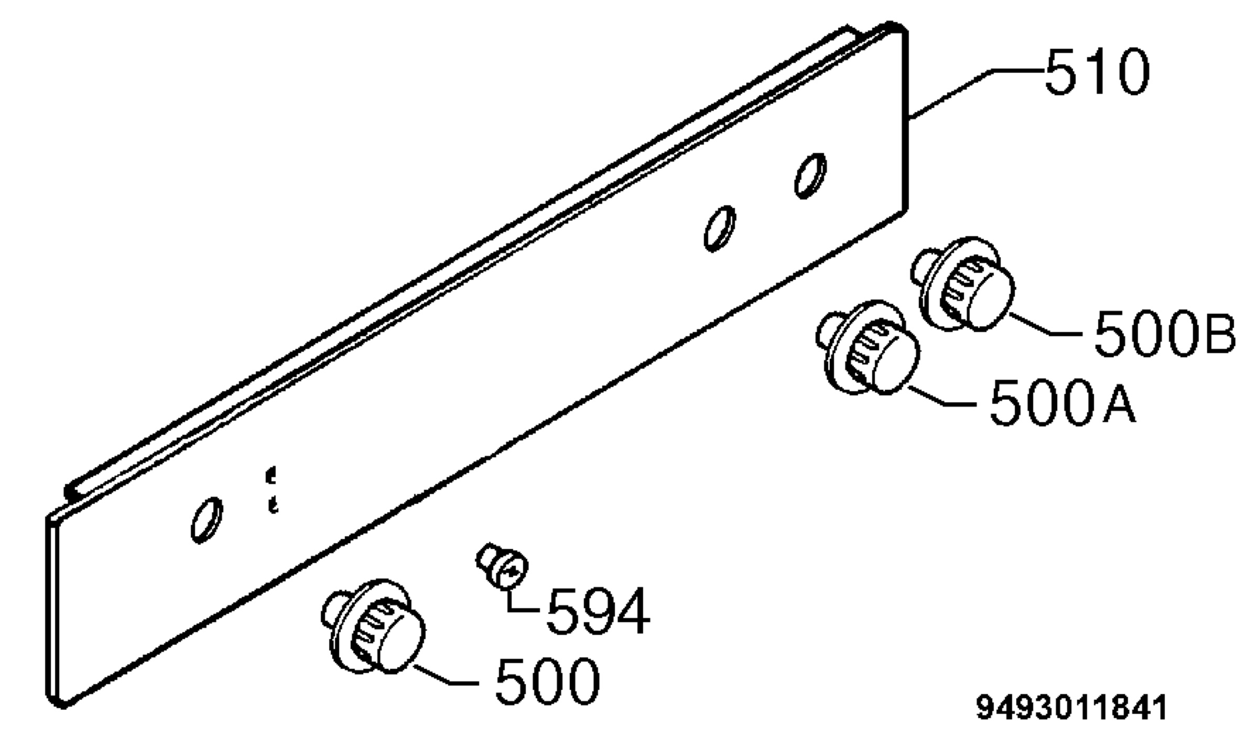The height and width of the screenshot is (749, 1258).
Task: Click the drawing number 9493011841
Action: click(x=1071, y=708)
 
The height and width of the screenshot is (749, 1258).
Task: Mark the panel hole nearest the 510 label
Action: click(x=810, y=176)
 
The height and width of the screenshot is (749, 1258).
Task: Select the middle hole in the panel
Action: click(x=719, y=228)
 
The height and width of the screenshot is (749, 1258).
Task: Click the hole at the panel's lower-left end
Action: click(x=207, y=520)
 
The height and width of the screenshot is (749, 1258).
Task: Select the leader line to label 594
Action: click(x=520, y=600)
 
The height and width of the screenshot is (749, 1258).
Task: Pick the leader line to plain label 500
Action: click(x=446, y=674)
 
